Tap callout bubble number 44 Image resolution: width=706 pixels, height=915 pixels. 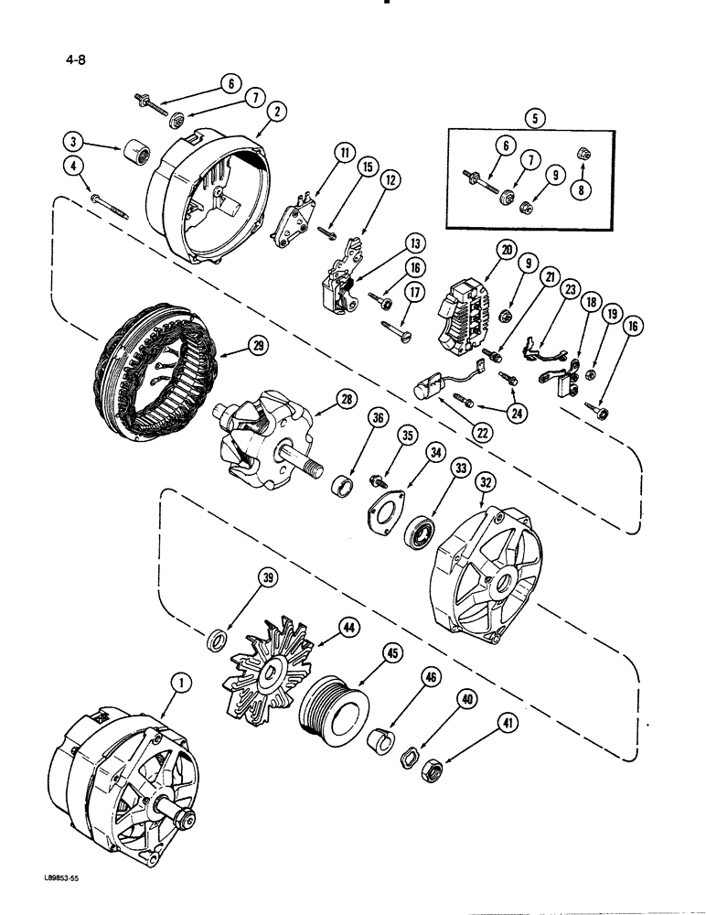click(x=348, y=627)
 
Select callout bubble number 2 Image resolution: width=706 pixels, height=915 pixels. click(x=276, y=110)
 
